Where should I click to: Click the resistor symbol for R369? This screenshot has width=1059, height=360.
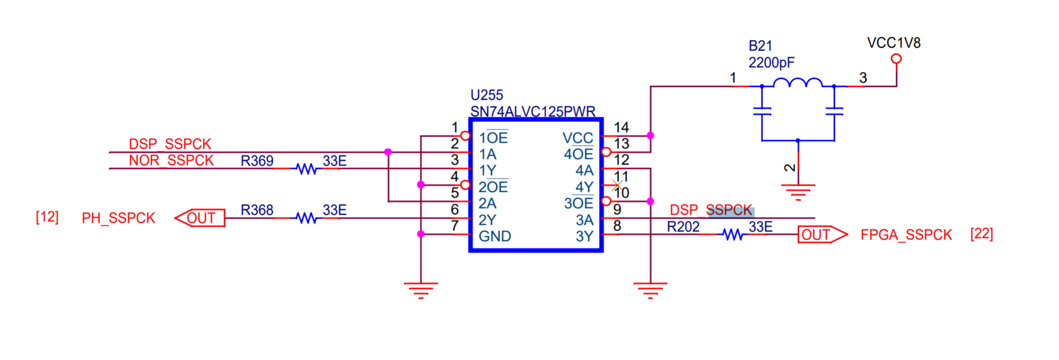point(307,169)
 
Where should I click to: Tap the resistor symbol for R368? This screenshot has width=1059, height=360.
point(307,218)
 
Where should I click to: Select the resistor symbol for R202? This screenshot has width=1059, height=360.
point(732,234)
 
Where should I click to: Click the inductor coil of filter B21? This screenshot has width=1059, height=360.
point(798,82)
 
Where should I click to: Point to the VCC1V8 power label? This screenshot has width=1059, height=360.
point(893,43)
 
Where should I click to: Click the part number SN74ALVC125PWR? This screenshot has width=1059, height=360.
point(533,111)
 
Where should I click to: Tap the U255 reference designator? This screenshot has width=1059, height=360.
point(486,95)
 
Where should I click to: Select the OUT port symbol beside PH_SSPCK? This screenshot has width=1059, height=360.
point(200,218)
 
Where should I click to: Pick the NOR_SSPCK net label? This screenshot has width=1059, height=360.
point(171,161)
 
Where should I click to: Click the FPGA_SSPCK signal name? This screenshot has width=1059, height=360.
point(906,235)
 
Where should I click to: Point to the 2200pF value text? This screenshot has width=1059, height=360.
point(771,63)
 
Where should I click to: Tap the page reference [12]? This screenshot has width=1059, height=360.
point(47,217)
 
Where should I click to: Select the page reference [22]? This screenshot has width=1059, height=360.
point(982,234)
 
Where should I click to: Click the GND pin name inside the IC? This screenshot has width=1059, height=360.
point(495,236)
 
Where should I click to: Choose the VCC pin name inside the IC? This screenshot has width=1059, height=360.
point(578,138)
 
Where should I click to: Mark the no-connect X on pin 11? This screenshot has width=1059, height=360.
point(618,185)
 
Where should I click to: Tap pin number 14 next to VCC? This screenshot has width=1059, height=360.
point(621,127)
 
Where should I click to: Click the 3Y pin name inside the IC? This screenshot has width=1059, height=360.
point(584,236)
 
